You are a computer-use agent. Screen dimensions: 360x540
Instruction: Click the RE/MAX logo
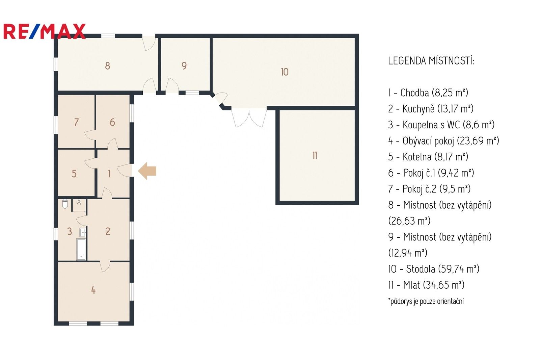tap(44, 31)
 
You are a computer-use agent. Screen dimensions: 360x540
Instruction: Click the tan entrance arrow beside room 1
tap(147, 171)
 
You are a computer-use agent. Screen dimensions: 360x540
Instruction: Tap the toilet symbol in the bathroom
tap(65, 204)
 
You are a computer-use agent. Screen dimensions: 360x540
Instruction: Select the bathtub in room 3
tap(81, 249)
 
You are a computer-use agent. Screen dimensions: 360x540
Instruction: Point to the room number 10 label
tap(285, 72)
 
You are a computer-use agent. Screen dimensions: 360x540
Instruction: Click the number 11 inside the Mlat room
tap(315, 156)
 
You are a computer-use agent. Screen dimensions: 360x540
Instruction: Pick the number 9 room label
tap(184, 66)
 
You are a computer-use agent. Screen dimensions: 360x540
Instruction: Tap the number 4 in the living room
tap(93, 290)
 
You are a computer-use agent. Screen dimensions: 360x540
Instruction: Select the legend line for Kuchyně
tap(431, 109)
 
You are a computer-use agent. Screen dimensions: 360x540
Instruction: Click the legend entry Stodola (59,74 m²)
tap(434, 269)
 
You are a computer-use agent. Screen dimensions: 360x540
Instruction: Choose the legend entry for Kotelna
tap(428, 157)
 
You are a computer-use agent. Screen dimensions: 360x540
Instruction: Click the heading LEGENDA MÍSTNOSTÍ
tap(431, 61)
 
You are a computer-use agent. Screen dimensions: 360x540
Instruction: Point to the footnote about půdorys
tap(426, 301)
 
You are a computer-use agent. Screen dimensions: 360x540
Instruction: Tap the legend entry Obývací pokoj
tap(443, 141)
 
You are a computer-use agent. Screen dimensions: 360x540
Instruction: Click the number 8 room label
tap(107, 66)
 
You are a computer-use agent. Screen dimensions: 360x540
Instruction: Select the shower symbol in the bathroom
tap(79, 203)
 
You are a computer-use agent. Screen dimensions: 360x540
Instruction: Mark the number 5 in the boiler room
tap(74, 174)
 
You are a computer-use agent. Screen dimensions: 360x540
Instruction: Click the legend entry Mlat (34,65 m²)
tap(426, 285)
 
